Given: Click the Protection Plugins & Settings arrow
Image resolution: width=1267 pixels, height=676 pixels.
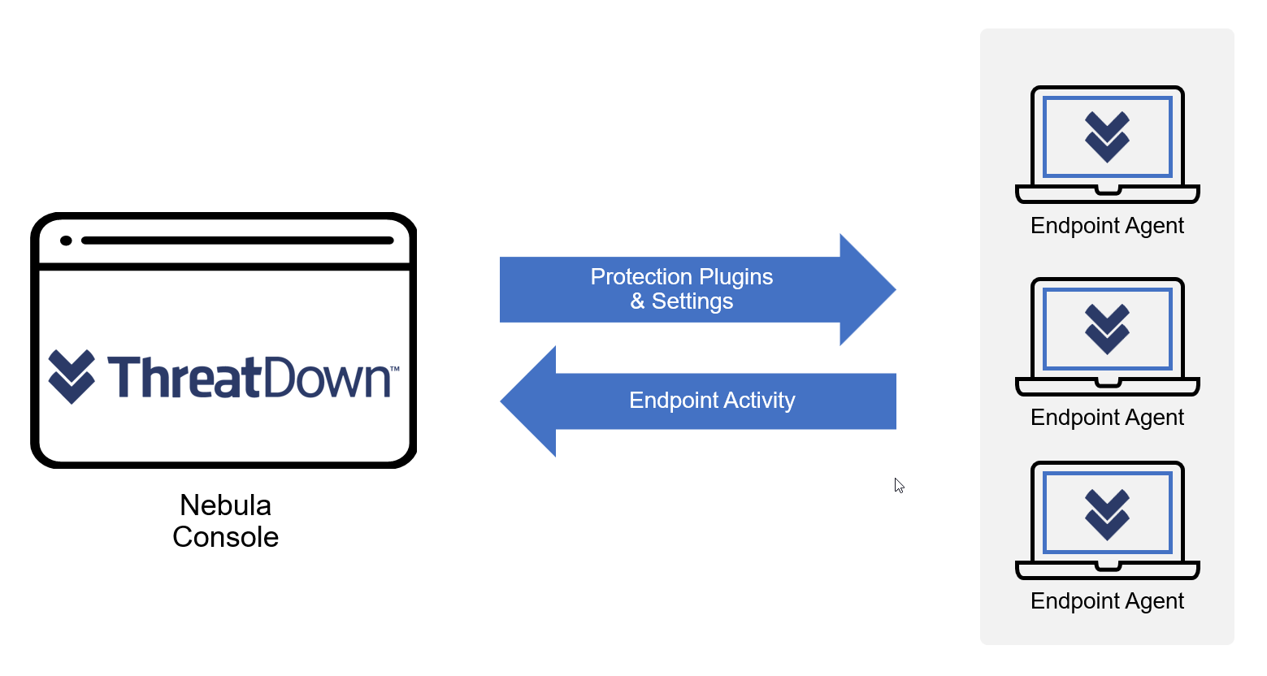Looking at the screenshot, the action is click(697, 289).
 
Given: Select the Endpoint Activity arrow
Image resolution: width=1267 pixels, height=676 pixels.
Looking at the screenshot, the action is click(697, 401).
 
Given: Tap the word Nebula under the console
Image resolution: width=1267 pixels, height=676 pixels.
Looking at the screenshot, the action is click(225, 505).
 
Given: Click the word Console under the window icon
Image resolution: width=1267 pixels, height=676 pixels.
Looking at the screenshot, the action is click(225, 537).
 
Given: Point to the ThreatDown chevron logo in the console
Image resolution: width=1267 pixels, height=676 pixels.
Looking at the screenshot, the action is click(72, 376).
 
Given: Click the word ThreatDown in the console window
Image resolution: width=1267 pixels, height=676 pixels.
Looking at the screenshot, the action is click(249, 377).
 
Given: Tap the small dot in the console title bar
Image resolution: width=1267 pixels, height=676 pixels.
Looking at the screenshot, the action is click(66, 240).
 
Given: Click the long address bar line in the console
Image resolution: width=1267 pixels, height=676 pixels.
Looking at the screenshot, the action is click(237, 240).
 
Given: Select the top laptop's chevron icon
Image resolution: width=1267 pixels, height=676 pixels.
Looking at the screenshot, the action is click(1107, 136).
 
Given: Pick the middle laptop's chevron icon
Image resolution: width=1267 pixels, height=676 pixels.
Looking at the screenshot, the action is click(1107, 329).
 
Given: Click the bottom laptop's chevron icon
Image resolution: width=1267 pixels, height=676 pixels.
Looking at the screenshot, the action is click(1107, 513).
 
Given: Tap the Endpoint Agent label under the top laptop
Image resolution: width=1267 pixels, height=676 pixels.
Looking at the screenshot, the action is click(1107, 226).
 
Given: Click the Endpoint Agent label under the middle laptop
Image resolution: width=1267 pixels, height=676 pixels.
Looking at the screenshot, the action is click(1107, 418).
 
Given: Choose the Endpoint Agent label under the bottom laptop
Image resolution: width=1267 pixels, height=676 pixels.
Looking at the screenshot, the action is click(1107, 600).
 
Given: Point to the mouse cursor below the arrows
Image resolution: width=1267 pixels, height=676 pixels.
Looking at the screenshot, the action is click(899, 486).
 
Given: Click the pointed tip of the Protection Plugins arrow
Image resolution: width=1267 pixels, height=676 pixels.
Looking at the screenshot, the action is click(896, 289).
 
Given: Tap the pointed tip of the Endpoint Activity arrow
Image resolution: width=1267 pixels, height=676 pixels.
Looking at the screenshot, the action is click(501, 401).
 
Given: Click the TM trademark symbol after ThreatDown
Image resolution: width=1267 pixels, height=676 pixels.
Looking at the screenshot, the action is click(395, 369).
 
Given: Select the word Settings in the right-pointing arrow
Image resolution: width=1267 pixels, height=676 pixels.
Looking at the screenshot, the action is click(692, 301).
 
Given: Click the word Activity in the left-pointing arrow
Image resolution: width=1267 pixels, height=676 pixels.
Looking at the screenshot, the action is click(759, 401).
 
